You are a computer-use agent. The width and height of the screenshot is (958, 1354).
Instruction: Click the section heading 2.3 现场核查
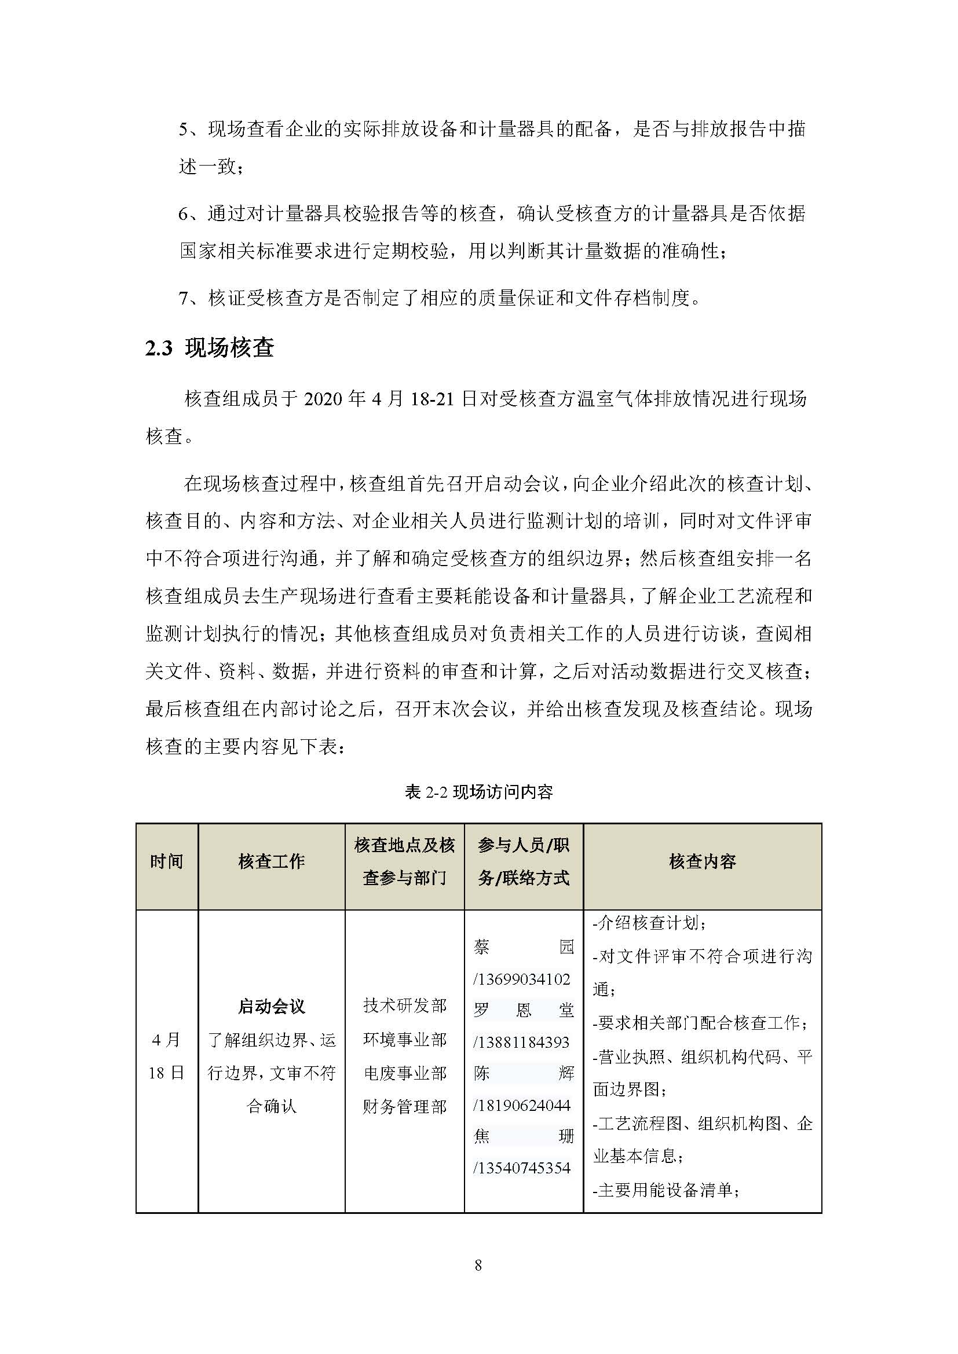(x=210, y=348)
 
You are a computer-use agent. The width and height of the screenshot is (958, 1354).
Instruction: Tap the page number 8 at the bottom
(x=478, y=1265)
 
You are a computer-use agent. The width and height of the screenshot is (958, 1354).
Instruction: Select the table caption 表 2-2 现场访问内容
(x=478, y=791)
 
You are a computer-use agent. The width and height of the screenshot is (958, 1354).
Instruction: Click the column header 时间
(x=166, y=861)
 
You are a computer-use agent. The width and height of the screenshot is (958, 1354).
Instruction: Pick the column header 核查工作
(x=271, y=861)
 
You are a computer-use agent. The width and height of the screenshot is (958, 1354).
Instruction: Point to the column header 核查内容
(x=702, y=861)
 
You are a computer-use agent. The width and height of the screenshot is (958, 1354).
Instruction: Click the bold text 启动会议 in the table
(x=271, y=1006)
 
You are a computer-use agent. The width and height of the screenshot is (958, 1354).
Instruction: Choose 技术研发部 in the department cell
(x=405, y=1006)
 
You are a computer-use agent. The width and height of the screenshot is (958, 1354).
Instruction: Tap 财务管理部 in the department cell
(x=405, y=1107)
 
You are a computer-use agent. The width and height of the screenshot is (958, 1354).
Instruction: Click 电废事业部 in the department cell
(x=405, y=1073)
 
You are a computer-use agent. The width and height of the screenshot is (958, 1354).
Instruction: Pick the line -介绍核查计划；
(x=649, y=923)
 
